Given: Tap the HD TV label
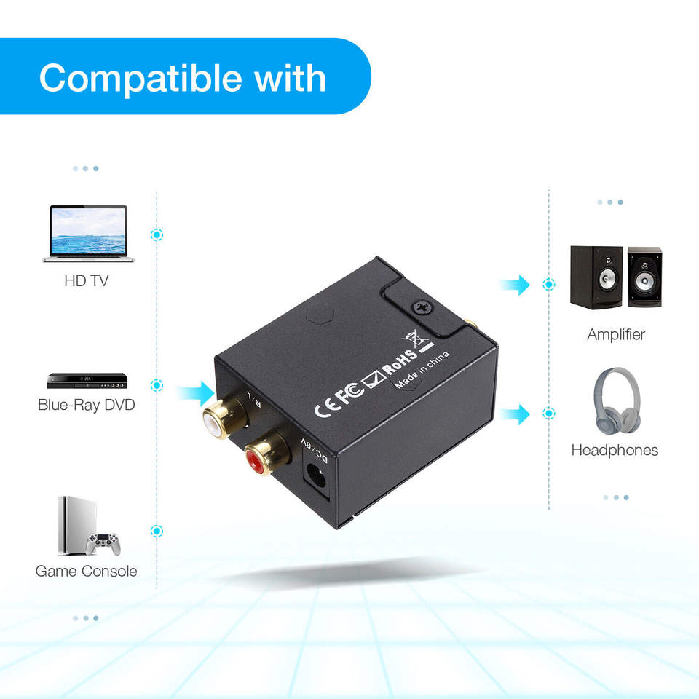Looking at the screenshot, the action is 87,280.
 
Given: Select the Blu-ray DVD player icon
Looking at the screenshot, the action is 87,381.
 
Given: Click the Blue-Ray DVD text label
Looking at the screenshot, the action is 87,405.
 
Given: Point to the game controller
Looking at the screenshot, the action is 103,543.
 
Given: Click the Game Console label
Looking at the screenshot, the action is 86,571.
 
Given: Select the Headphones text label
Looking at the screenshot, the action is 615,450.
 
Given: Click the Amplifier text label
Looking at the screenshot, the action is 616,335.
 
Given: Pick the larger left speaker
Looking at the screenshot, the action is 596,277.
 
